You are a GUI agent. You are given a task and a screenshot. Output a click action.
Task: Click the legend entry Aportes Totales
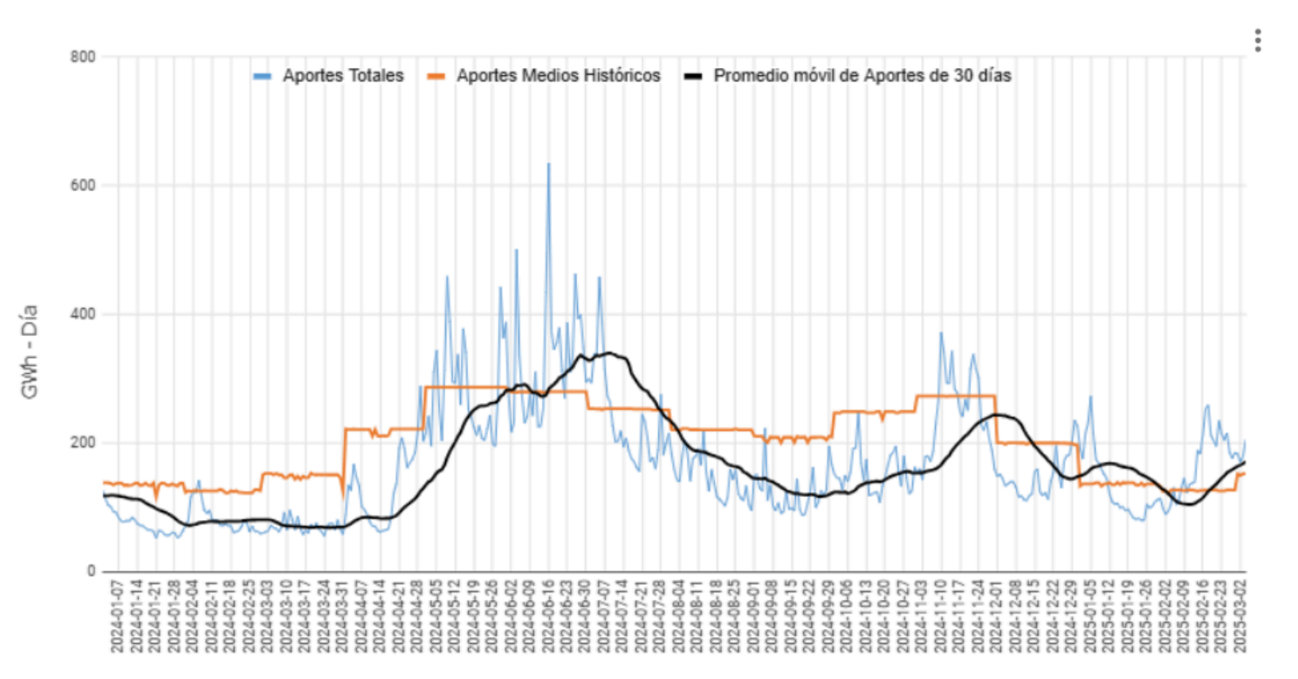pos(343,76)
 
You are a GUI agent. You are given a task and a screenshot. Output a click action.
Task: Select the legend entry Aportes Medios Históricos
pos(559,76)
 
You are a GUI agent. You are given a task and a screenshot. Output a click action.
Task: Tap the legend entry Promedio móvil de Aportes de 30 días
pos(862,76)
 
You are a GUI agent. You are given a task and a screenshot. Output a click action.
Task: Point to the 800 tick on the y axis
pos(84,57)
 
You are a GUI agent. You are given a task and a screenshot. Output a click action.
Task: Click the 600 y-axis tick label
pos(84,185)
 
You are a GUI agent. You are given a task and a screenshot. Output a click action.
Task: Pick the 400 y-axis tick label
pos(84,314)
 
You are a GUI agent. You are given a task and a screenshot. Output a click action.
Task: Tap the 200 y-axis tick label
pos(84,442)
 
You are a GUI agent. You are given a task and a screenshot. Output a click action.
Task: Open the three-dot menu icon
pos(1257,40)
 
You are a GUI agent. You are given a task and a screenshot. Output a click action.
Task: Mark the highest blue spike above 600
pos(548,164)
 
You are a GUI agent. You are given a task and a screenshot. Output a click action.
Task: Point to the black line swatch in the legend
pos(693,76)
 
